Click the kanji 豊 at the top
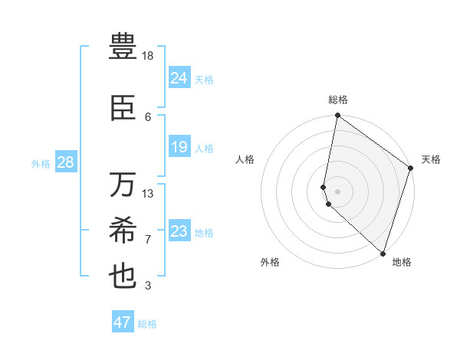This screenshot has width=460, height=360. pyautogui.click(x=123, y=47)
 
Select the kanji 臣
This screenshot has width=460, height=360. pyautogui.click(x=123, y=108)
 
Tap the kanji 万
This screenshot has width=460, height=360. pyautogui.click(x=123, y=185)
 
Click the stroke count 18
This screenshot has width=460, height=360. pyautogui.click(x=148, y=56)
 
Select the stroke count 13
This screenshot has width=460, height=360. pyautogui.click(x=148, y=193)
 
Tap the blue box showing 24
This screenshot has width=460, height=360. pyautogui.click(x=179, y=78)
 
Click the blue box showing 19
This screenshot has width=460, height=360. pyautogui.click(x=179, y=147)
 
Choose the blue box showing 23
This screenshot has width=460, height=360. pyautogui.click(x=179, y=231)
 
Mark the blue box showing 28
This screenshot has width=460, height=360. pyautogui.click(x=65, y=162)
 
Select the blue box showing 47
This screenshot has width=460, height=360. pyautogui.click(x=123, y=322)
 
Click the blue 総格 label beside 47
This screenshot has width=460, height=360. pyautogui.click(x=147, y=324)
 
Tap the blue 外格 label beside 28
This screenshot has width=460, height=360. pyautogui.click(x=41, y=163)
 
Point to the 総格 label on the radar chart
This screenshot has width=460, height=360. pyautogui.click(x=338, y=100)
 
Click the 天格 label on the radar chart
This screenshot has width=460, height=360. pyautogui.click(x=431, y=159)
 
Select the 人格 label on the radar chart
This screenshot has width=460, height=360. pyautogui.click(x=245, y=159)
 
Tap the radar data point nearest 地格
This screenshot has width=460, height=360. pyautogui.click(x=383, y=253)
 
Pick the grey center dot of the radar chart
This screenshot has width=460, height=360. pyautogui.click(x=338, y=191)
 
